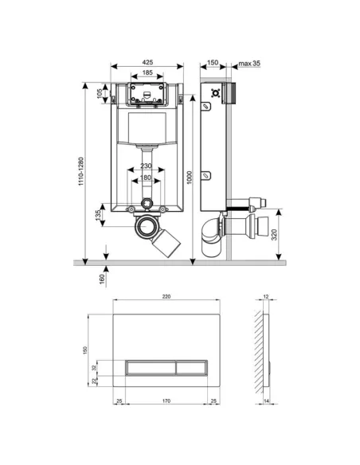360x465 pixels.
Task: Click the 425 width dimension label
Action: point(149,61)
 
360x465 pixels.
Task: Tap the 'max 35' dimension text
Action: point(249,61)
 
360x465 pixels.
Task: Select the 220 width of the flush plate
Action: point(165,296)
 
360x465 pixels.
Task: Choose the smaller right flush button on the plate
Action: point(189,367)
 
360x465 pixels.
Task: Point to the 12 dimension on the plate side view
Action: point(265,296)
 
